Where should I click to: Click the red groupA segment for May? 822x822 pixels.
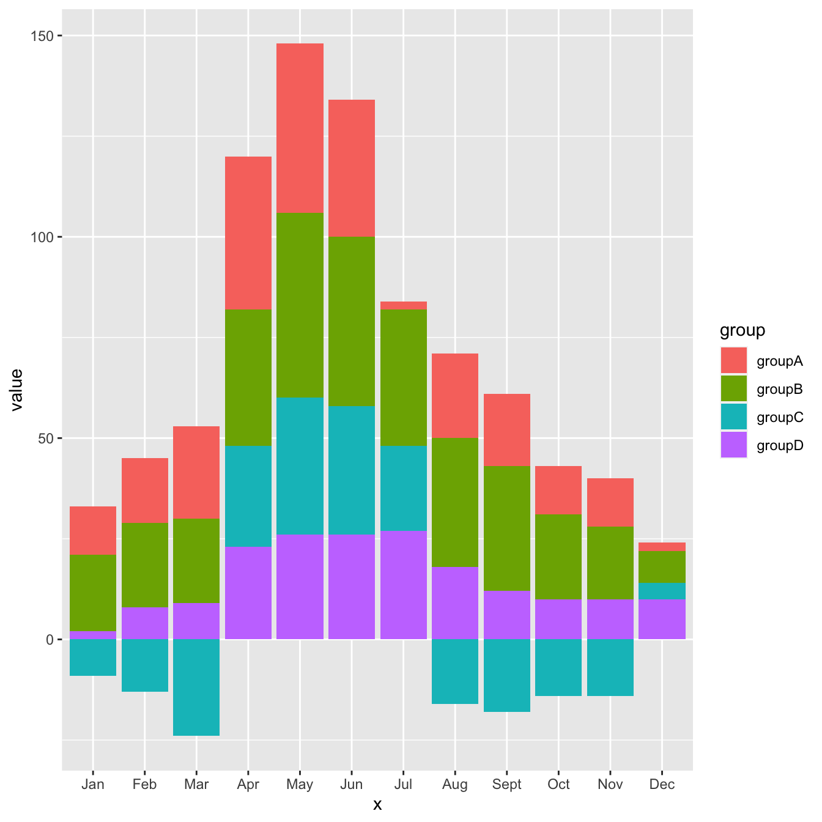click(x=300, y=128)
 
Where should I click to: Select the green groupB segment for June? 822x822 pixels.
click(x=352, y=321)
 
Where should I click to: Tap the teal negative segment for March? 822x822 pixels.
click(x=196, y=687)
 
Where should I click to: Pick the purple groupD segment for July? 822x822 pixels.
click(x=404, y=585)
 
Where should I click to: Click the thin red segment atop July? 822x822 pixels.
click(x=404, y=305)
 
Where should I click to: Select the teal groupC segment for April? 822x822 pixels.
click(x=248, y=496)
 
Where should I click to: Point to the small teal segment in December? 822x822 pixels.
click(x=662, y=591)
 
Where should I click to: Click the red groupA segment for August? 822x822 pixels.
click(x=455, y=395)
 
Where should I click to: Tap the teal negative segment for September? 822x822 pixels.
click(x=507, y=675)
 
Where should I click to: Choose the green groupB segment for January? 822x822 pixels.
click(x=93, y=593)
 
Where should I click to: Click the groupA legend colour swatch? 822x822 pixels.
click(x=733, y=360)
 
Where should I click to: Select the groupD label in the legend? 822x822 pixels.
click(x=780, y=445)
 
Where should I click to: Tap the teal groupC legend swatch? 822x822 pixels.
click(x=733, y=417)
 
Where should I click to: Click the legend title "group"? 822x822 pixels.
click(x=742, y=330)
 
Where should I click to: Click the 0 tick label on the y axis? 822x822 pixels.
click(x=51, y=639)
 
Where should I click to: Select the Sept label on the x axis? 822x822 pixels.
click(x=507, y=785)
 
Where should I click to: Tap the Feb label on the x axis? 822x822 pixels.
click(x=144, y=785)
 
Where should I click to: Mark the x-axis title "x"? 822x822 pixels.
click(x=377, y=805)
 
